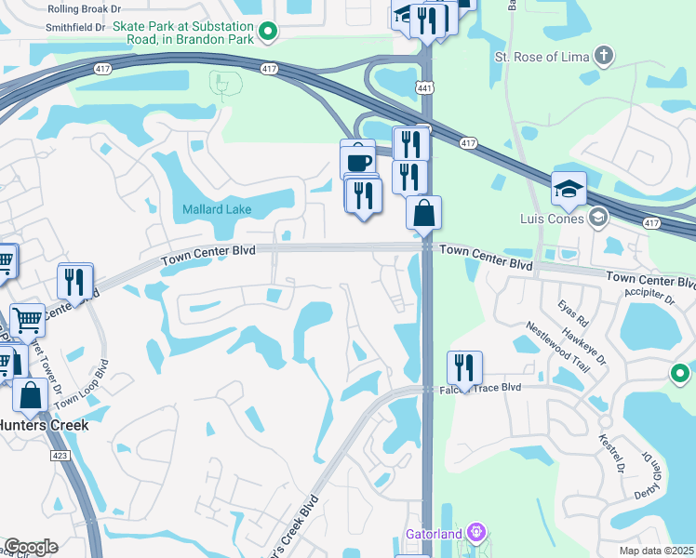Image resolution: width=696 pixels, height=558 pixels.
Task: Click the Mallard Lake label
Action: [x=216, y=209]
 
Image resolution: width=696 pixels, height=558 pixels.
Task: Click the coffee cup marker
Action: [x=358, y=160]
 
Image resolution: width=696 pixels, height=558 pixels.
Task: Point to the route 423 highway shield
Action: [x=60, y=456]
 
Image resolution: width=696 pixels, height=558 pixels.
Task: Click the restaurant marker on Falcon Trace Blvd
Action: [x=463, y=367]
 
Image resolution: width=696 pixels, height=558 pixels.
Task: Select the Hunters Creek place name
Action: [x=43, y=425]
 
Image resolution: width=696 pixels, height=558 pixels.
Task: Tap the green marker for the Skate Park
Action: [x=268, y=33]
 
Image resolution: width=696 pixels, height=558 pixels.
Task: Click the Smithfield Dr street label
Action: [x=79, y=29]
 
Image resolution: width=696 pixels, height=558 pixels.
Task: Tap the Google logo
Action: [x=31, y=547]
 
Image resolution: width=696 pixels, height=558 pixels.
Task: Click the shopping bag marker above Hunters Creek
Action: [x=31, y=395]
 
